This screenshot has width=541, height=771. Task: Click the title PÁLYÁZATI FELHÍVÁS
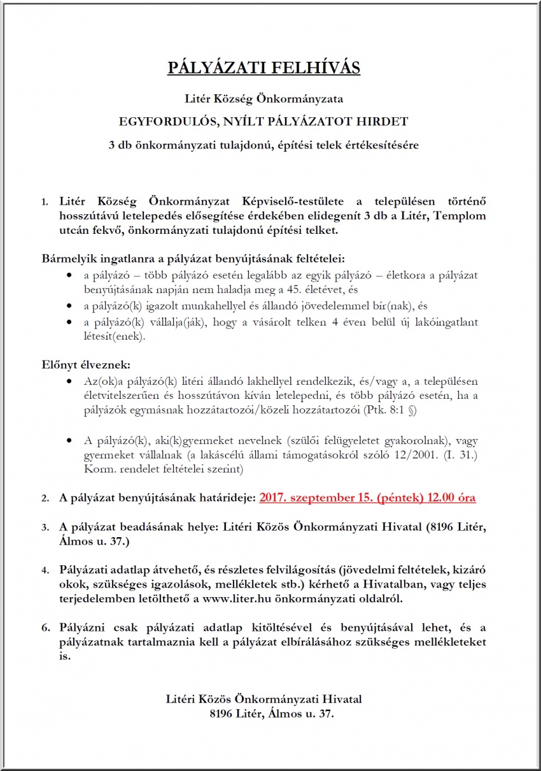coord(263,68)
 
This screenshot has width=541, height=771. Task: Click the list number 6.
coord(46,627)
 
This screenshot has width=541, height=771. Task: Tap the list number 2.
coord(46,498)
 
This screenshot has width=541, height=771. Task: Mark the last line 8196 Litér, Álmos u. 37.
coord(271,714)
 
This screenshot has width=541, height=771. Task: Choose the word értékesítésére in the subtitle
coord(382,145)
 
